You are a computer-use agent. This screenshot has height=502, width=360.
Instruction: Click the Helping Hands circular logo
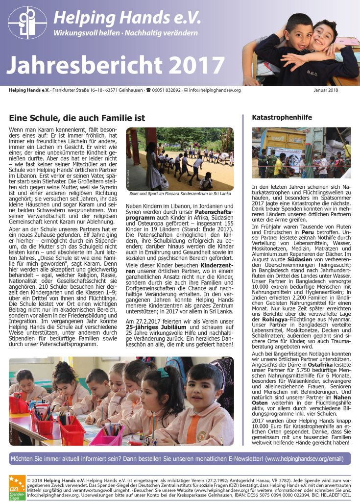[27, 22]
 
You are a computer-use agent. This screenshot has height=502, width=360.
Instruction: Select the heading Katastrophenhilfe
[282, 118]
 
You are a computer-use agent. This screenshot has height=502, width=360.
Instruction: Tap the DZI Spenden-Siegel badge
[16, 486]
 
